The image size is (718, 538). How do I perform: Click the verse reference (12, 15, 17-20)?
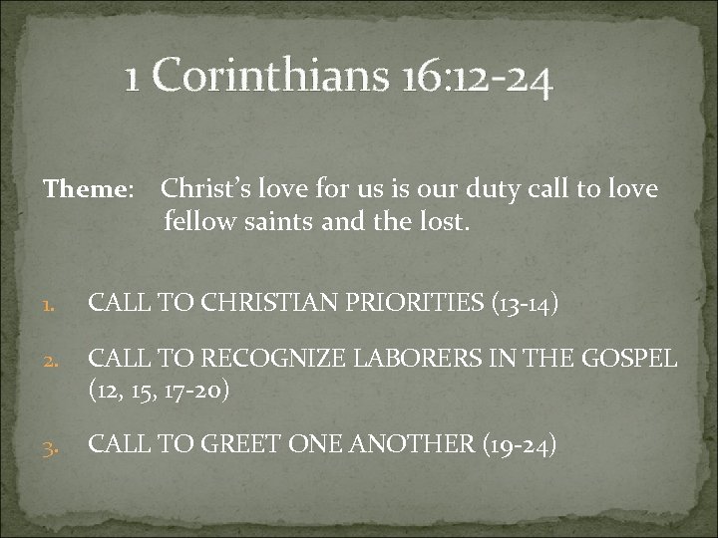(x=160, y=389)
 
